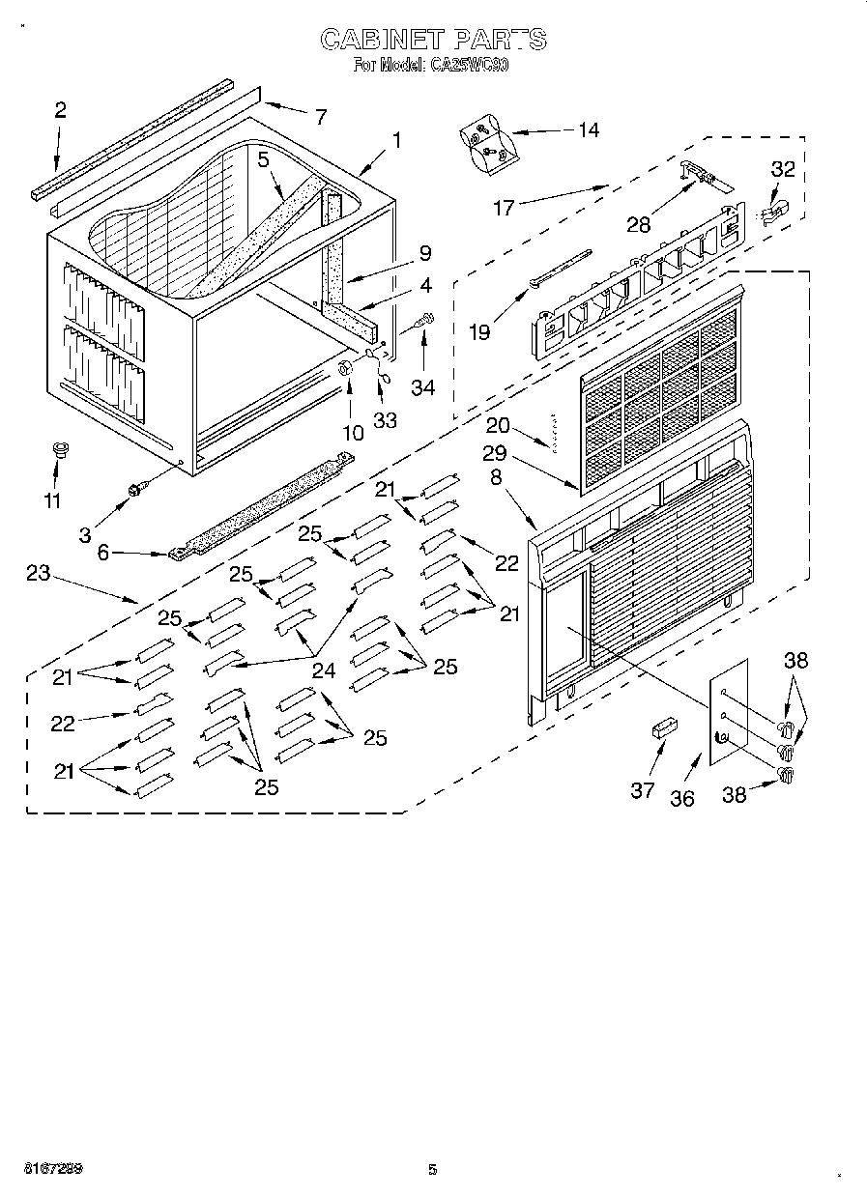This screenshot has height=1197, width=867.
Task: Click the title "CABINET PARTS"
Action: click(x=433, y=39)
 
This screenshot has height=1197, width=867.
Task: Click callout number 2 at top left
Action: click(x=60, y=110)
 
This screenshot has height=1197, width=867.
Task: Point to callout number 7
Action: click(x=320, y=117)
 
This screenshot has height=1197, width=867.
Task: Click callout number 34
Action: click(x=422, y=388)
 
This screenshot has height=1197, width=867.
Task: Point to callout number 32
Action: click(x=782, y=170)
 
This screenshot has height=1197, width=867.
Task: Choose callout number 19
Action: click(x=478, y=331)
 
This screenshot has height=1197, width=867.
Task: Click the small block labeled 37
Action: click(x=663, y=727)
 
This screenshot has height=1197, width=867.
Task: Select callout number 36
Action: click(x=682, y=799)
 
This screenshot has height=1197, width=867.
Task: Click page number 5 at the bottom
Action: click(x=433, y=1169)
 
